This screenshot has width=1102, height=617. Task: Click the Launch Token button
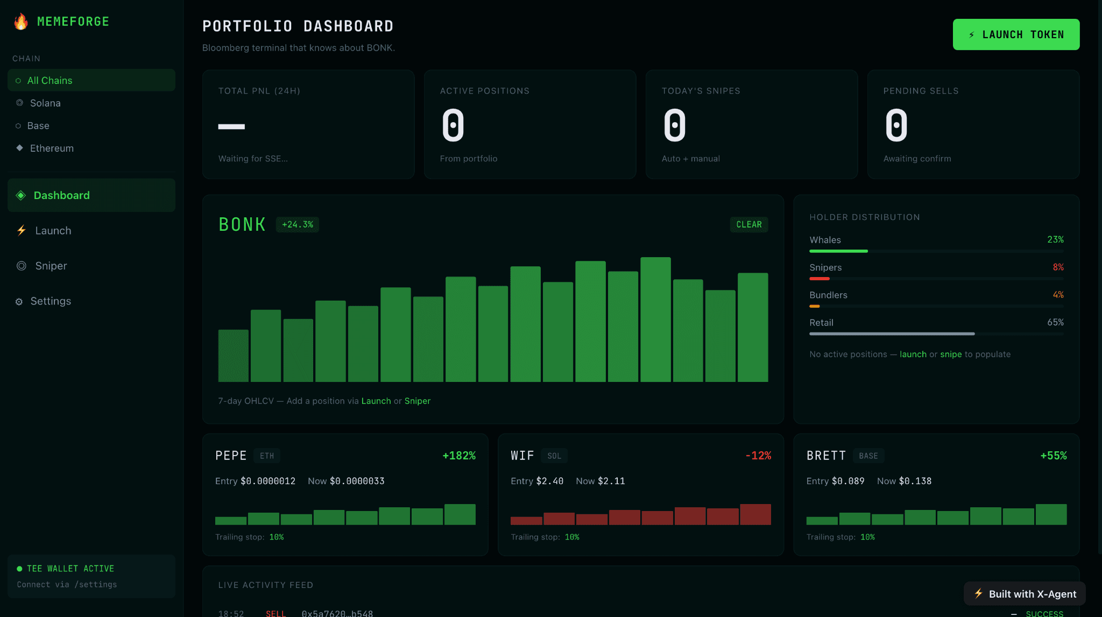(x=1016, y=34)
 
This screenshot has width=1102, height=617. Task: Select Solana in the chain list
(x=45, y=103)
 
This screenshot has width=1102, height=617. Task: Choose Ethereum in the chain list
(x=52, y=148)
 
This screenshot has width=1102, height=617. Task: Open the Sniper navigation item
(x=51, y=266)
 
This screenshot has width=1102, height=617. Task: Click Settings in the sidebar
(x=51, y=301)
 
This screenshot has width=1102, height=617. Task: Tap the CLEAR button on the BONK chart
(x=749, y=224)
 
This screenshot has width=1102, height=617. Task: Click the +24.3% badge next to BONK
(x=298, y=224)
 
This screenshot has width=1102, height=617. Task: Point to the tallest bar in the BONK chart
(x=655, y=320)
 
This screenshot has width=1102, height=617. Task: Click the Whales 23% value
(x=1055, y=239)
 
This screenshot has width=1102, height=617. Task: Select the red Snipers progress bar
(x=820, y=279)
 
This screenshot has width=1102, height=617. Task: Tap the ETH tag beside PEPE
(x=267, y=456)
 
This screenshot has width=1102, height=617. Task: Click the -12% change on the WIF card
(x=758, y=456)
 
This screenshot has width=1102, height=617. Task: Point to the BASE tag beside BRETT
(x=868, y=456)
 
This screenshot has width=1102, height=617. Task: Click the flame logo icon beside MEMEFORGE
(x=21, y=22)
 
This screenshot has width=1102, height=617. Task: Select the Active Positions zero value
(x=453, y=125)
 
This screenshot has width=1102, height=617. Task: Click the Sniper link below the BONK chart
(x=418, y=401)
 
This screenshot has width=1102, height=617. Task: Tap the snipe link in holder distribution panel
(x=951, y=354)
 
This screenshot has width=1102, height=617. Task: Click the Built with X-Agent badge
(x=1025, y=594)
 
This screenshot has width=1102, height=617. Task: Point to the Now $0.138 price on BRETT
(x=904, y=481)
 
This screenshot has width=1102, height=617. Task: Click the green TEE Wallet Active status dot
(x=19, y=569)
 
